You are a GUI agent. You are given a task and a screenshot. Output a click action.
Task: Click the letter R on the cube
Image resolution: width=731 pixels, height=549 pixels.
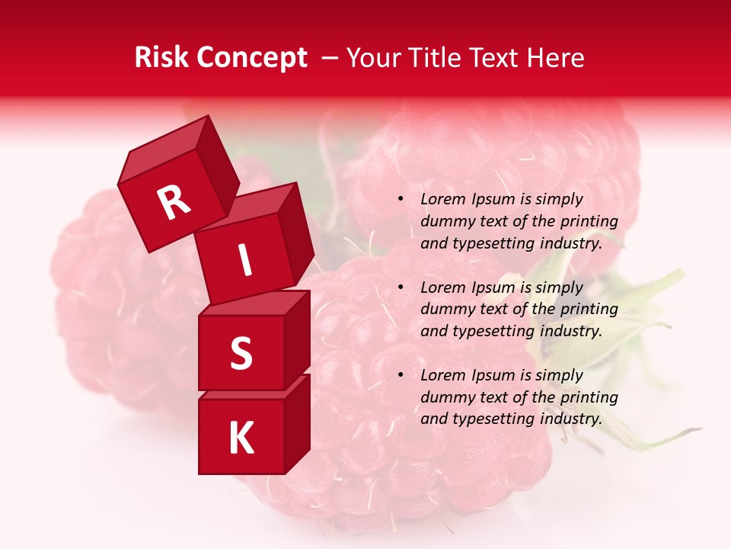point(174,203)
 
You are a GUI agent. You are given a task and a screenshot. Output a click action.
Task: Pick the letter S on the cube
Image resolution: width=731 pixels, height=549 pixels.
point(241,354)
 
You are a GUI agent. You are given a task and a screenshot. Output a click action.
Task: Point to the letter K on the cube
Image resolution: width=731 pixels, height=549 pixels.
point(241,438)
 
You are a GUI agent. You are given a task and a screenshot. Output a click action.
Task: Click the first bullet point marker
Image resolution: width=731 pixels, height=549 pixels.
point(401,200)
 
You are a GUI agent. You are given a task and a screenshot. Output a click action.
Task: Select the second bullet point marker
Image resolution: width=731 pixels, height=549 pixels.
point(401,288)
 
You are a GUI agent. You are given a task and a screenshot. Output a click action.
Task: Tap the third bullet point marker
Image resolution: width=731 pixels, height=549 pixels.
point(401,376)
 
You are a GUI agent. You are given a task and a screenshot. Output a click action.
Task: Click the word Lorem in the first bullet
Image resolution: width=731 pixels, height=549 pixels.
point(441,199)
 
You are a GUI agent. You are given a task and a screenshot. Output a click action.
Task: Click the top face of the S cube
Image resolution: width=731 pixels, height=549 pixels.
point(255,304)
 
